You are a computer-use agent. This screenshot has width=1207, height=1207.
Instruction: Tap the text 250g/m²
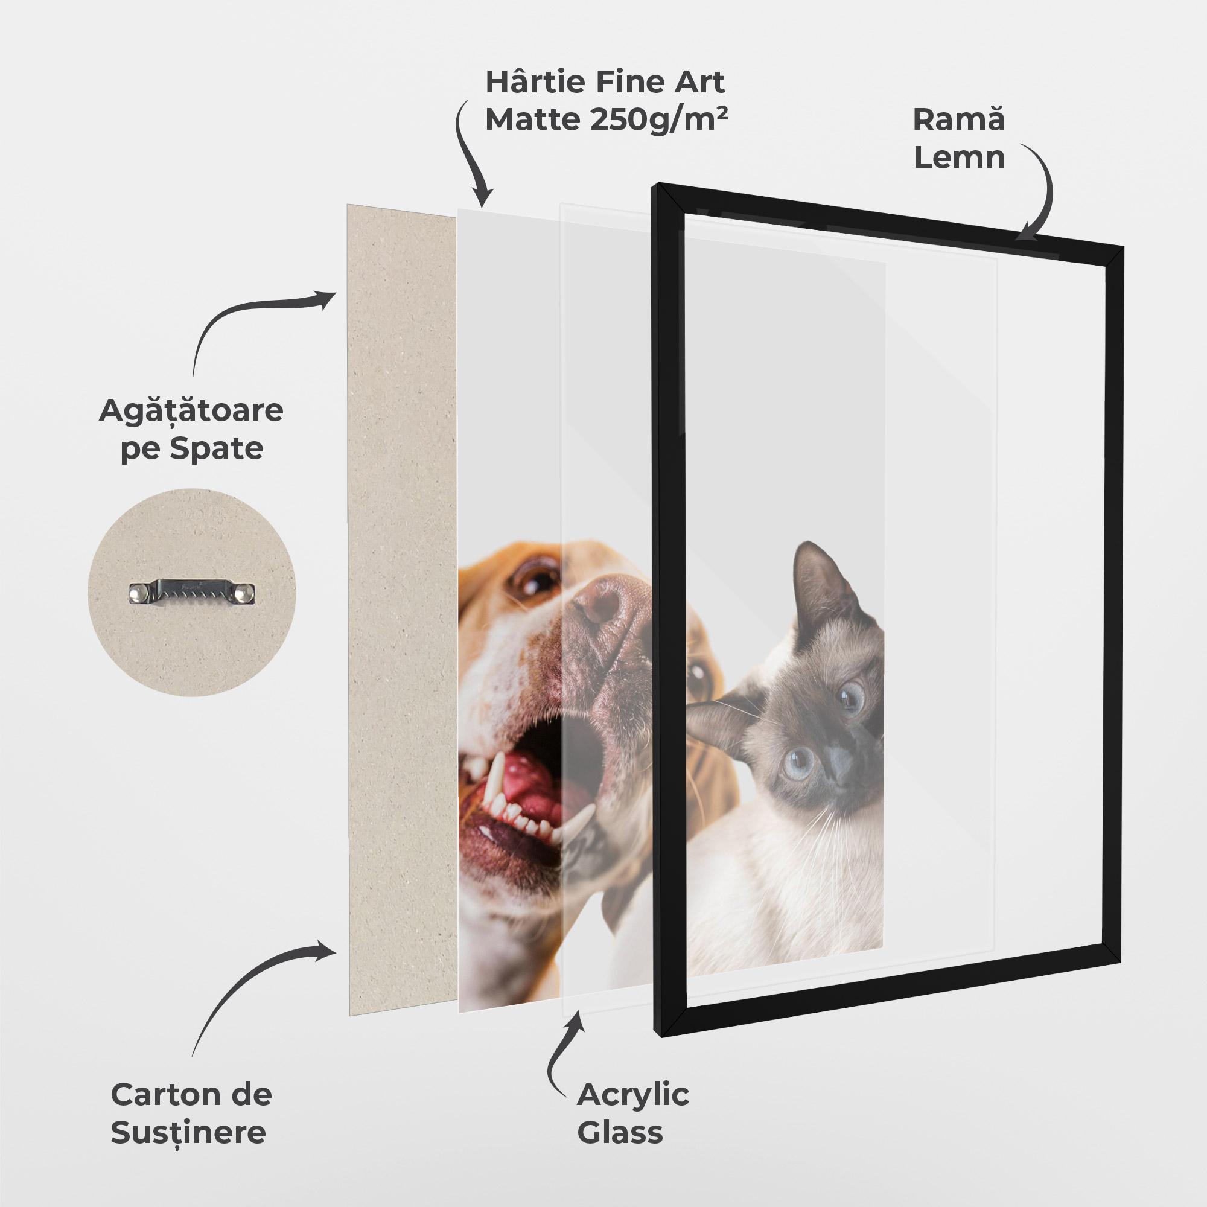[658, 119]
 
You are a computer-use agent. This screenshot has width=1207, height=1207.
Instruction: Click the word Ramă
[959, 119]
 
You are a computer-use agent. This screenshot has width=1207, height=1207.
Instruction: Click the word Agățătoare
[191, 411]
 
